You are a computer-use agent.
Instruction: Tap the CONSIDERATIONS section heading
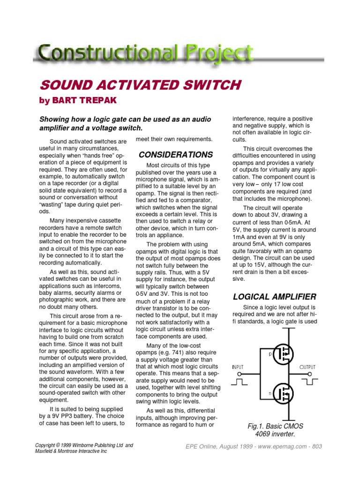[176, 155]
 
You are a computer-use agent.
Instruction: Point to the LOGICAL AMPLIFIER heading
[275, 296]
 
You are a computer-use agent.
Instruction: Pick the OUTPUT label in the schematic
[307, 367]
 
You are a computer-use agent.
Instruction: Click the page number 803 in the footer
[316, 447]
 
